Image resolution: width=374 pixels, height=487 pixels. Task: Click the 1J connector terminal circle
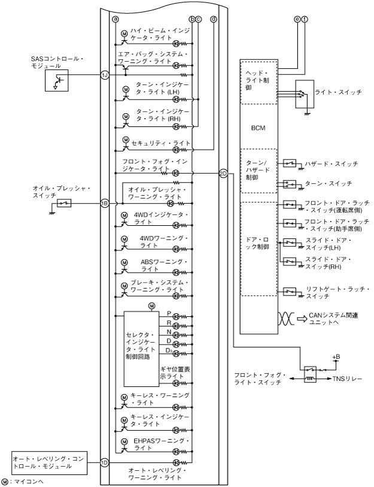point(105,75)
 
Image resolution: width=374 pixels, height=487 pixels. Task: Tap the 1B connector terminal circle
point(105,204)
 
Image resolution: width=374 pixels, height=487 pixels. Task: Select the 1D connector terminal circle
point(105,463)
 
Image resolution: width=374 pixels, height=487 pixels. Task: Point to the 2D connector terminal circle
point(223,173)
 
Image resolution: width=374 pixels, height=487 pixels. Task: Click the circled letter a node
point(115,19)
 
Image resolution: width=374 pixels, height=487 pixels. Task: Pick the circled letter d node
point(214,19)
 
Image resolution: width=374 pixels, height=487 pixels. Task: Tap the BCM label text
point(259,128)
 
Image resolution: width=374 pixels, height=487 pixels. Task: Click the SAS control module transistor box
point(57,80)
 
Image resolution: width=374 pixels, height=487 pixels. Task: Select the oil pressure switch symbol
point(65,204)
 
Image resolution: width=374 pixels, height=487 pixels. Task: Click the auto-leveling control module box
point(49,463)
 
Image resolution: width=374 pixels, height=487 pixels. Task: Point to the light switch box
point(305,94)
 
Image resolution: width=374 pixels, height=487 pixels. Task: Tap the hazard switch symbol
point(290,163)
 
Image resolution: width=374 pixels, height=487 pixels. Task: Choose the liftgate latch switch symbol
point(290,292)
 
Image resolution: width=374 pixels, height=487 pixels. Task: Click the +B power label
point(336,357)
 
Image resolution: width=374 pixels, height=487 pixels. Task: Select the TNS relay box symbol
point(310,374)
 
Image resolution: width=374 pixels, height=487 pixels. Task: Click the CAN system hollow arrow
point(302,319)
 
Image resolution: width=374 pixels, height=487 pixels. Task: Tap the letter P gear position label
point(169,313)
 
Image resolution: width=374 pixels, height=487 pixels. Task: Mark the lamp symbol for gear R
point(177,326)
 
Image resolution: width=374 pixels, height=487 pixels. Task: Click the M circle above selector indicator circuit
point(152,306)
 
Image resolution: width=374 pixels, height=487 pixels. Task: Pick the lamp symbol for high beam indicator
point(177,44)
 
